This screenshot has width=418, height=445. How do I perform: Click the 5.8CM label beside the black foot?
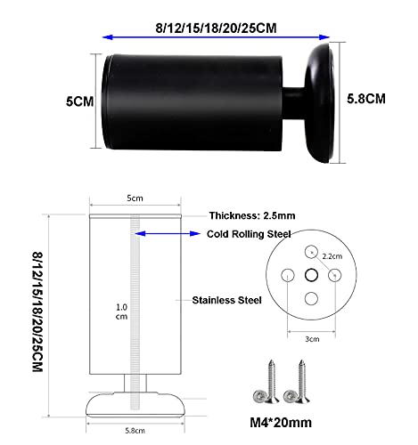click(366, 99)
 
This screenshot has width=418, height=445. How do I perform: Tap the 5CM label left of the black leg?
click(79, 101)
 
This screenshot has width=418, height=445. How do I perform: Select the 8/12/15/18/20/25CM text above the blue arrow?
click(216, 28)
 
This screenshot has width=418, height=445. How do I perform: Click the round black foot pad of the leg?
click(320, 103)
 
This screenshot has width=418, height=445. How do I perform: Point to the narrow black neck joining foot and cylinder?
click(293, 102)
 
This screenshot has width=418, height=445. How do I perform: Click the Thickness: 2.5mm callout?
click(252, 215)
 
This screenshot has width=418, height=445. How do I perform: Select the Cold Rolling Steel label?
click(249, 234)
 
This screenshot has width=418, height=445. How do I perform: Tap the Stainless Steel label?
click(226, 300)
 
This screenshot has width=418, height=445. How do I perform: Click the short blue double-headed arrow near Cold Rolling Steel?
click(168, 234)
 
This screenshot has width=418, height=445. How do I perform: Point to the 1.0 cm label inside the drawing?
click(122, 311)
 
